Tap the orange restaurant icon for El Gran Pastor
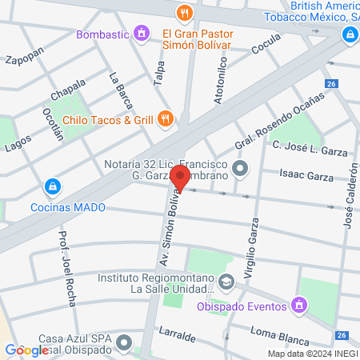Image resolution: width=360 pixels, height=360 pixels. (185, 13)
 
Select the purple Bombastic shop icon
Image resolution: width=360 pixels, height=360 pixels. (142, 34)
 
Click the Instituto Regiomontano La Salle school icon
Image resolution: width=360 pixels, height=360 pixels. (226, 282)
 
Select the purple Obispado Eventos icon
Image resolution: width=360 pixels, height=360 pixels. (299, 304)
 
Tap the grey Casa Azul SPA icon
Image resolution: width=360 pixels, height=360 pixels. (124, 344)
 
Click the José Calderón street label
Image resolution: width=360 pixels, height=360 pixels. (350, 196)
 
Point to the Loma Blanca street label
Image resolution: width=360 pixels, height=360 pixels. (274, 330)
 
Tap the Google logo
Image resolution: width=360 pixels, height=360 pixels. (26, 350)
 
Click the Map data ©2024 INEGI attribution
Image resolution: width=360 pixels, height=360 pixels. (312, 354)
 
